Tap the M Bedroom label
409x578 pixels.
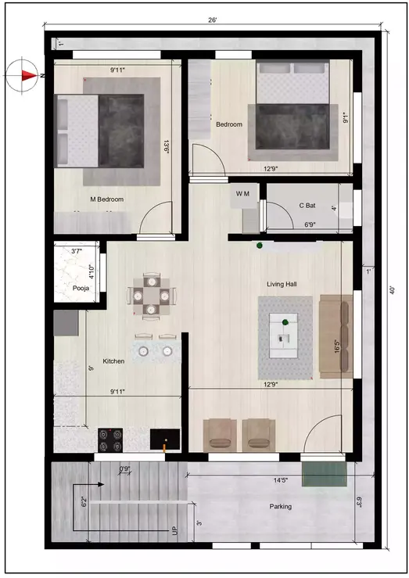coord(107,199)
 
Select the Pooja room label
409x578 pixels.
coord(81,288)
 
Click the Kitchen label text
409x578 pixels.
coord(114,361)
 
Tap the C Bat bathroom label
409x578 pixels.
coord(307,206)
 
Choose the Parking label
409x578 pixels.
coord(281,507)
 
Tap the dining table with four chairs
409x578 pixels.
coord(148,296)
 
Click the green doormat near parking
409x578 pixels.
coord(324,473)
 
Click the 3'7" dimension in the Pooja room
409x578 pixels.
coord(77,252)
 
